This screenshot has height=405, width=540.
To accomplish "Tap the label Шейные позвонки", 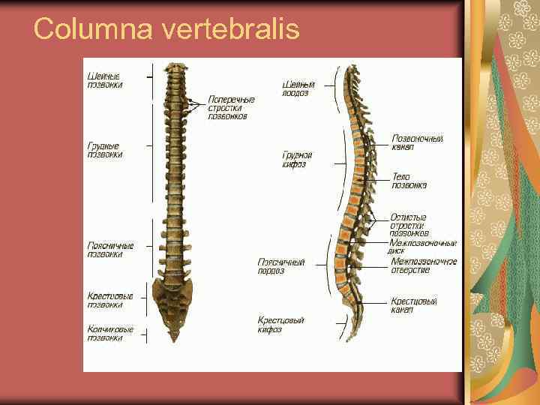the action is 106,80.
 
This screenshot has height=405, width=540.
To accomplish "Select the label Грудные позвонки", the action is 105,150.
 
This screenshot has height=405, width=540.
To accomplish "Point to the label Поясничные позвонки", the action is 110,250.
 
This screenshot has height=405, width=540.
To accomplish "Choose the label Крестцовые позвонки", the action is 110,300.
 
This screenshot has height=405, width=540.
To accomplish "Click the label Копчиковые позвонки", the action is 110,333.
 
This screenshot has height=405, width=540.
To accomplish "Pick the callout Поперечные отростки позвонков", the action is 231,107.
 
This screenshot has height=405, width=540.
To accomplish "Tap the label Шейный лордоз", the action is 298,88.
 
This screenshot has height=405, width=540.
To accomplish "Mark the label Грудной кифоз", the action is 298,159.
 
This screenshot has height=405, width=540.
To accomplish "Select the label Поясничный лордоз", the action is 281,267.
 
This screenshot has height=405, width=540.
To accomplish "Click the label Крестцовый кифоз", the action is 280,324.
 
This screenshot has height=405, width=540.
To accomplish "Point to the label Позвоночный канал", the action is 418,142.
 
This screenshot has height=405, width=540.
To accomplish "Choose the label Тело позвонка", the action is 409,181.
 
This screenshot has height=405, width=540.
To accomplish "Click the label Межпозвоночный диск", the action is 422,247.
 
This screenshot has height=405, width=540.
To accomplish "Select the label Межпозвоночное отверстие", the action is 424,265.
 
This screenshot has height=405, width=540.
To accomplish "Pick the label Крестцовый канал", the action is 414,305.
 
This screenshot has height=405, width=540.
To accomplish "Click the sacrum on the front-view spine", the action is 172,296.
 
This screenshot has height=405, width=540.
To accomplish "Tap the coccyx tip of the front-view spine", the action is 174,337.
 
